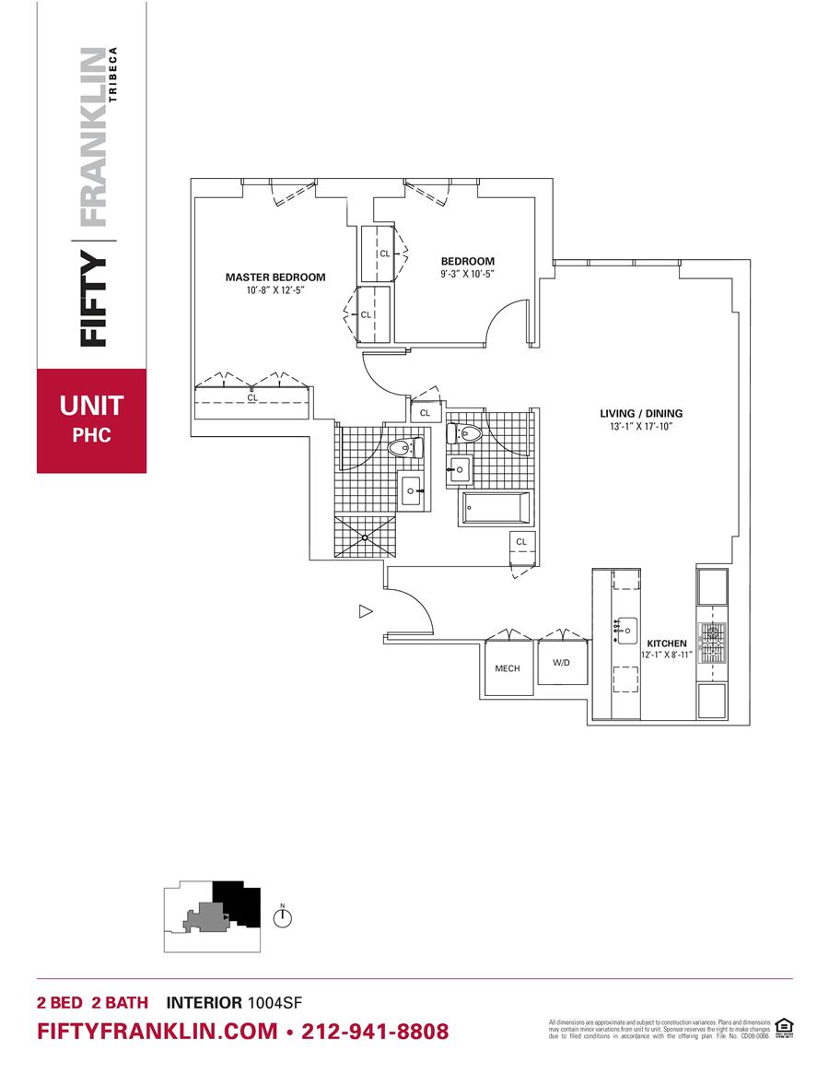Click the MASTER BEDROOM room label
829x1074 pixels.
coord(275,277)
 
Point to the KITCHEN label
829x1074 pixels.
coord(667,643)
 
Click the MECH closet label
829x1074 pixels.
coord(508,668)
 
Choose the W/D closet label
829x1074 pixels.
coord(561,663)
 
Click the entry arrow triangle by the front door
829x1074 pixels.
coord(365,610)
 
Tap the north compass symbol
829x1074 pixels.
coord(284,918)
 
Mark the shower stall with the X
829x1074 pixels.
coord(366,536)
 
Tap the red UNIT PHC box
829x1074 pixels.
coord(91,420)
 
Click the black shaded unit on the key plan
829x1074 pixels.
coord(238,903)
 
